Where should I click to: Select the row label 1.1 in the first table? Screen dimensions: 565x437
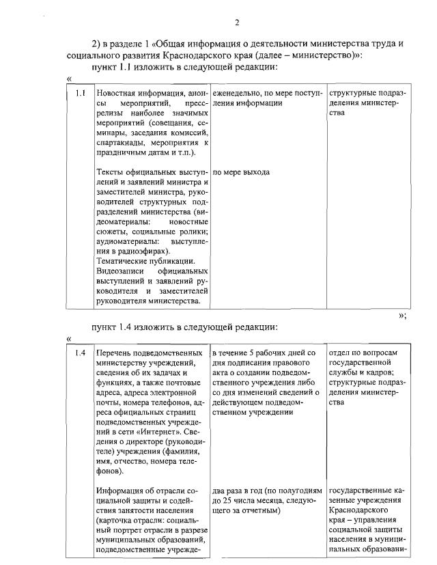80,92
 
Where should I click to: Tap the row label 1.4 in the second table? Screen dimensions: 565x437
80,353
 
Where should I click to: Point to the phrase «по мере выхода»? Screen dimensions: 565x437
241,172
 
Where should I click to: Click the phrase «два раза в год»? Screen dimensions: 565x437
240,491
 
